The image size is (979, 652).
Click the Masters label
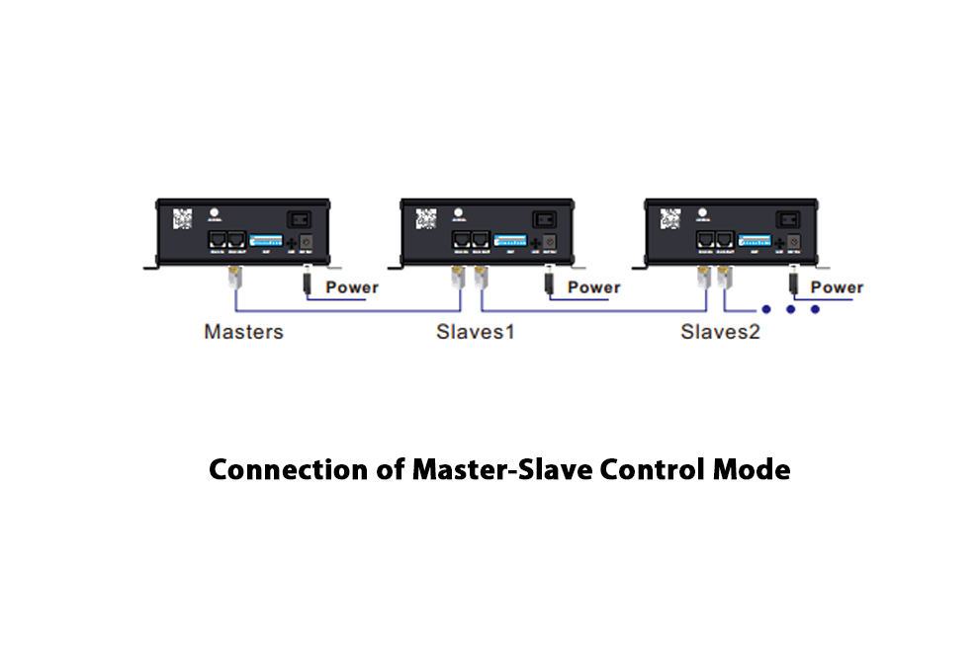[x=243, y=332]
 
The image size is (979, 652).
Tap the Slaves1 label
[x=476, y=332]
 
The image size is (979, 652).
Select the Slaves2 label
[x=720, y=332]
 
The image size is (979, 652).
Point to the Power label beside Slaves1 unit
[x=594, y=287]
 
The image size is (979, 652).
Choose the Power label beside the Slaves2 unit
[x=837, y=287]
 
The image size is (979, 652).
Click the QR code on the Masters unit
[x=183, y=218]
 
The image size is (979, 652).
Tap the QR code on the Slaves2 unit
[x=672, y=218]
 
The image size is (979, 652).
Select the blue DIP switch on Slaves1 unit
[x=510, y=240]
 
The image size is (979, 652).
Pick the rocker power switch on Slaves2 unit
[x=788, y=220]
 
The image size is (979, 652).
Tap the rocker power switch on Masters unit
[x=300, y=220]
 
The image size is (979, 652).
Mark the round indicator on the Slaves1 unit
[x=458, y=211]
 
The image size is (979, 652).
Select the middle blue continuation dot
[x=792, y=309]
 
